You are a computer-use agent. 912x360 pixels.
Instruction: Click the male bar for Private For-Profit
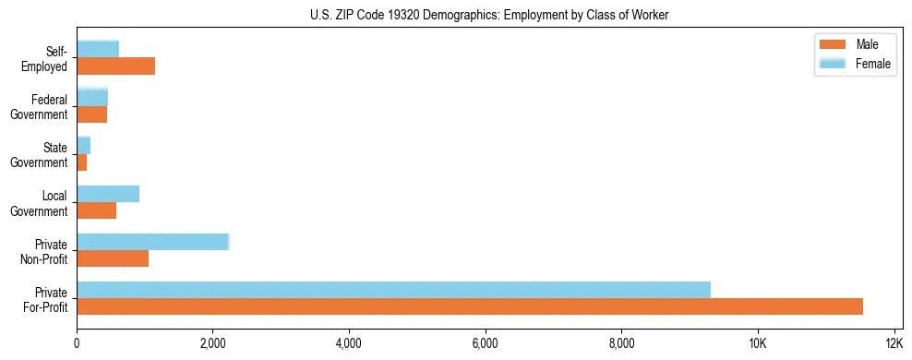470,306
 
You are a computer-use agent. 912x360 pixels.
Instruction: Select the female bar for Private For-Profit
393,290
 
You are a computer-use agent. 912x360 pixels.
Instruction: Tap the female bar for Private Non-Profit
152,242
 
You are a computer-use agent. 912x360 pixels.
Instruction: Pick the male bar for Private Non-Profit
113,258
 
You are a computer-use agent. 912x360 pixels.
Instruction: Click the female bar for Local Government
108,194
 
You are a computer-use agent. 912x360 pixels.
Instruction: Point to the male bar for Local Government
97,210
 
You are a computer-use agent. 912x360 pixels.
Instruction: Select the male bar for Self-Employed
116,66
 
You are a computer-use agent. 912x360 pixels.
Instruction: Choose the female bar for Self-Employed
98,49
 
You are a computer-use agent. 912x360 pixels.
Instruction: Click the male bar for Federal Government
92,114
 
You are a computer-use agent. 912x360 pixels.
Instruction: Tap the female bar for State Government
84,145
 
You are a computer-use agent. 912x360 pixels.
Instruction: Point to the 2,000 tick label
213,344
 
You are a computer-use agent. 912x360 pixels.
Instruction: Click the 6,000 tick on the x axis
486,344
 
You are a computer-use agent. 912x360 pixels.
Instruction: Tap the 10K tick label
758,344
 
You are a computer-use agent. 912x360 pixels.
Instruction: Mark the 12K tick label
894,344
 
